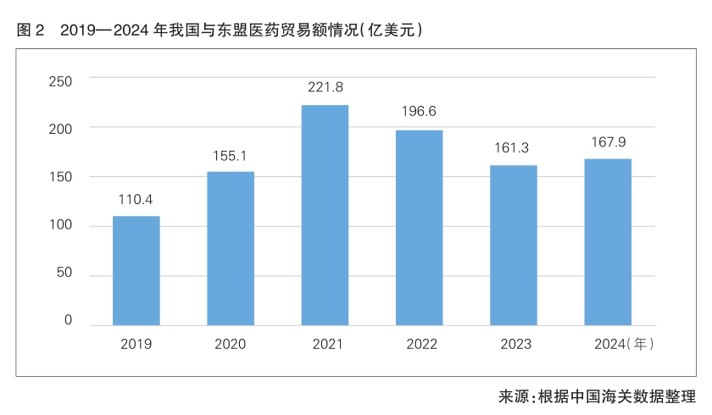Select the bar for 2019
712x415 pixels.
coord(136,271)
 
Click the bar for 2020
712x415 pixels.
coord(231,248)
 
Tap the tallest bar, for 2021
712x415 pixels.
coord(325,215)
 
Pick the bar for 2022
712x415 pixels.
coord(419,228)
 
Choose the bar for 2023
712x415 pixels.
coord(514,246)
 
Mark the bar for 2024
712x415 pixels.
coord(608,242)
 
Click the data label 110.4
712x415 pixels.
coord(136,200)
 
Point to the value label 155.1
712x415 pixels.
coord(231,156)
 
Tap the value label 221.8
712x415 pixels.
coord(325,87)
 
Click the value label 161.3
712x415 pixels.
coord(514,148)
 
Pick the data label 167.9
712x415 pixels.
coord(608,141)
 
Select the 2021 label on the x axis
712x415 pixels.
coord(325,345)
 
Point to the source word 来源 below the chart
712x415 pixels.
coord(513,396)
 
